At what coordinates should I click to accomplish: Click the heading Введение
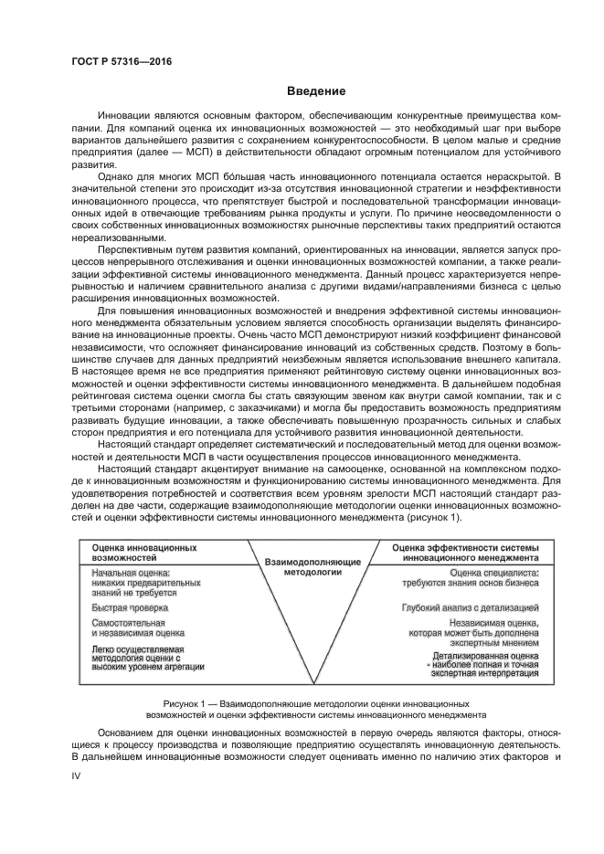(316, 91)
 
